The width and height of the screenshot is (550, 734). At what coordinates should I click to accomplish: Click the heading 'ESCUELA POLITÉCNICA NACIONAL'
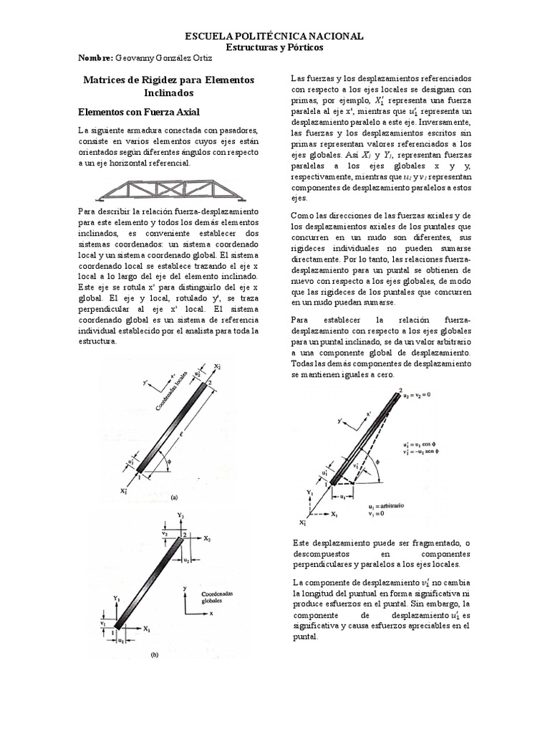click(x=274, y=36)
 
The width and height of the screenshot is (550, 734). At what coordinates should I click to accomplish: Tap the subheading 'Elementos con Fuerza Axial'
click(x=138, y=113)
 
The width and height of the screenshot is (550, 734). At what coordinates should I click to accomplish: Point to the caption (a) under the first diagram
click(x=173, y=495)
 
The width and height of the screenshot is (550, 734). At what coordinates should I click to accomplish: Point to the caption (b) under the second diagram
click(x=154, y=654)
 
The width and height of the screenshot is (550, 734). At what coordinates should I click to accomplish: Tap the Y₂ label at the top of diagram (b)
click(x=182, y=515)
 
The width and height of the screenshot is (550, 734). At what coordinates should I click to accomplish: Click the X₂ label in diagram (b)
click(x=206, y=537)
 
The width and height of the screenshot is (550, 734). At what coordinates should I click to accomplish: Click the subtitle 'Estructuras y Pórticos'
click(x=274, y=47)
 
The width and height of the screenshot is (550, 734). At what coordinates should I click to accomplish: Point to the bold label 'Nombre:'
click(x=94, y=57)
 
